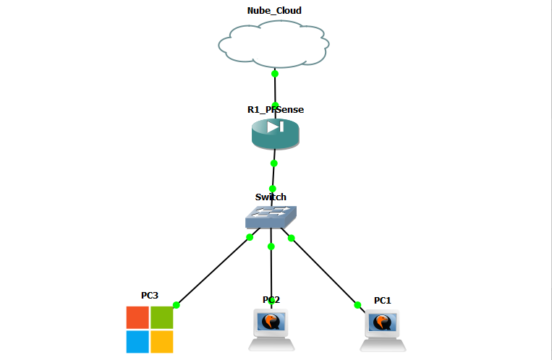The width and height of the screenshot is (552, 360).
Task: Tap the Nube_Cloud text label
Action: point(274,11)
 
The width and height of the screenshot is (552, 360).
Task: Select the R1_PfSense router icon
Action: point(275,133)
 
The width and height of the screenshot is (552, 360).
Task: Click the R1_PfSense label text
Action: point(276,110)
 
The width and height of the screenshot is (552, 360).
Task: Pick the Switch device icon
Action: point(271,216)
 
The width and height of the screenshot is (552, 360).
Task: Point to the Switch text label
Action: point(271,197)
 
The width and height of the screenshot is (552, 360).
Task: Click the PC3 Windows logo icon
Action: point(150,329)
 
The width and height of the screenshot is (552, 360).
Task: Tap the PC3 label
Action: point(150,296)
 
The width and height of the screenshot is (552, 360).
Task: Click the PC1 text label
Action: point(383,300)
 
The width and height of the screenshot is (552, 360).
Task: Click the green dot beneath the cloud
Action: point(274,74)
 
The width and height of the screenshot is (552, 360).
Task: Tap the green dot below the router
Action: point(273,163)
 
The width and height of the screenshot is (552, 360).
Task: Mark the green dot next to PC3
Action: point(176,305)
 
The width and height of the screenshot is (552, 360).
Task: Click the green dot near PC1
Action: point(357,304)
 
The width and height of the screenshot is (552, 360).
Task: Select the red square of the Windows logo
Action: point(137,317)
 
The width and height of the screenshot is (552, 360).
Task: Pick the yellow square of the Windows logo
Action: point(162,341)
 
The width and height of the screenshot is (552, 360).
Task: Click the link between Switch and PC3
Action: point(213,270)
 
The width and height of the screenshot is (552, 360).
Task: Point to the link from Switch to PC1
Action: point(325,271)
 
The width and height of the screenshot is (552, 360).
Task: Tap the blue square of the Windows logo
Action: point(137,341)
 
